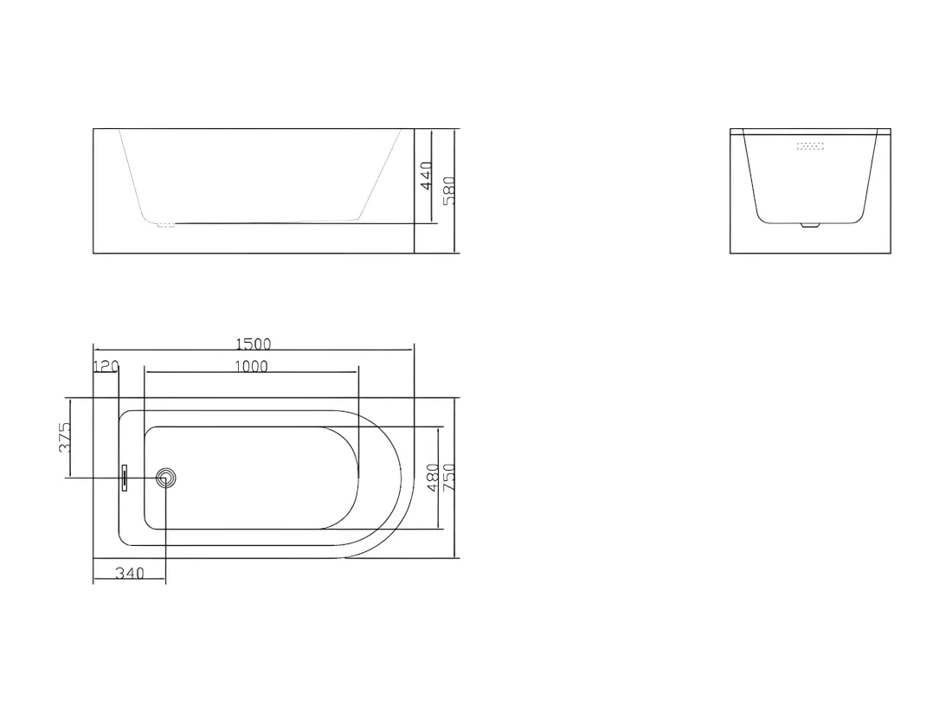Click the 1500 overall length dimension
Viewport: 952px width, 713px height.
coord(254,344)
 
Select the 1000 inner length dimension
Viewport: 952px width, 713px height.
coord(251,366)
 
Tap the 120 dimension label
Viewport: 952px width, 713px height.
coord(106,366)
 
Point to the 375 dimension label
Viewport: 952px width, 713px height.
coord(65,437)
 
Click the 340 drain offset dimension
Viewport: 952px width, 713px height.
coord(130,573)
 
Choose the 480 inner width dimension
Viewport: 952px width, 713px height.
coord(433,478)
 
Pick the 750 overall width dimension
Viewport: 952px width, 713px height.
coord(448,478)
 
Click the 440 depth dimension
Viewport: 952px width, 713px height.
coord(426,176)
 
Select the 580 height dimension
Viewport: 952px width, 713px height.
coord(448,190)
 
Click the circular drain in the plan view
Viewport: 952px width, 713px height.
coord(166,479)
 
